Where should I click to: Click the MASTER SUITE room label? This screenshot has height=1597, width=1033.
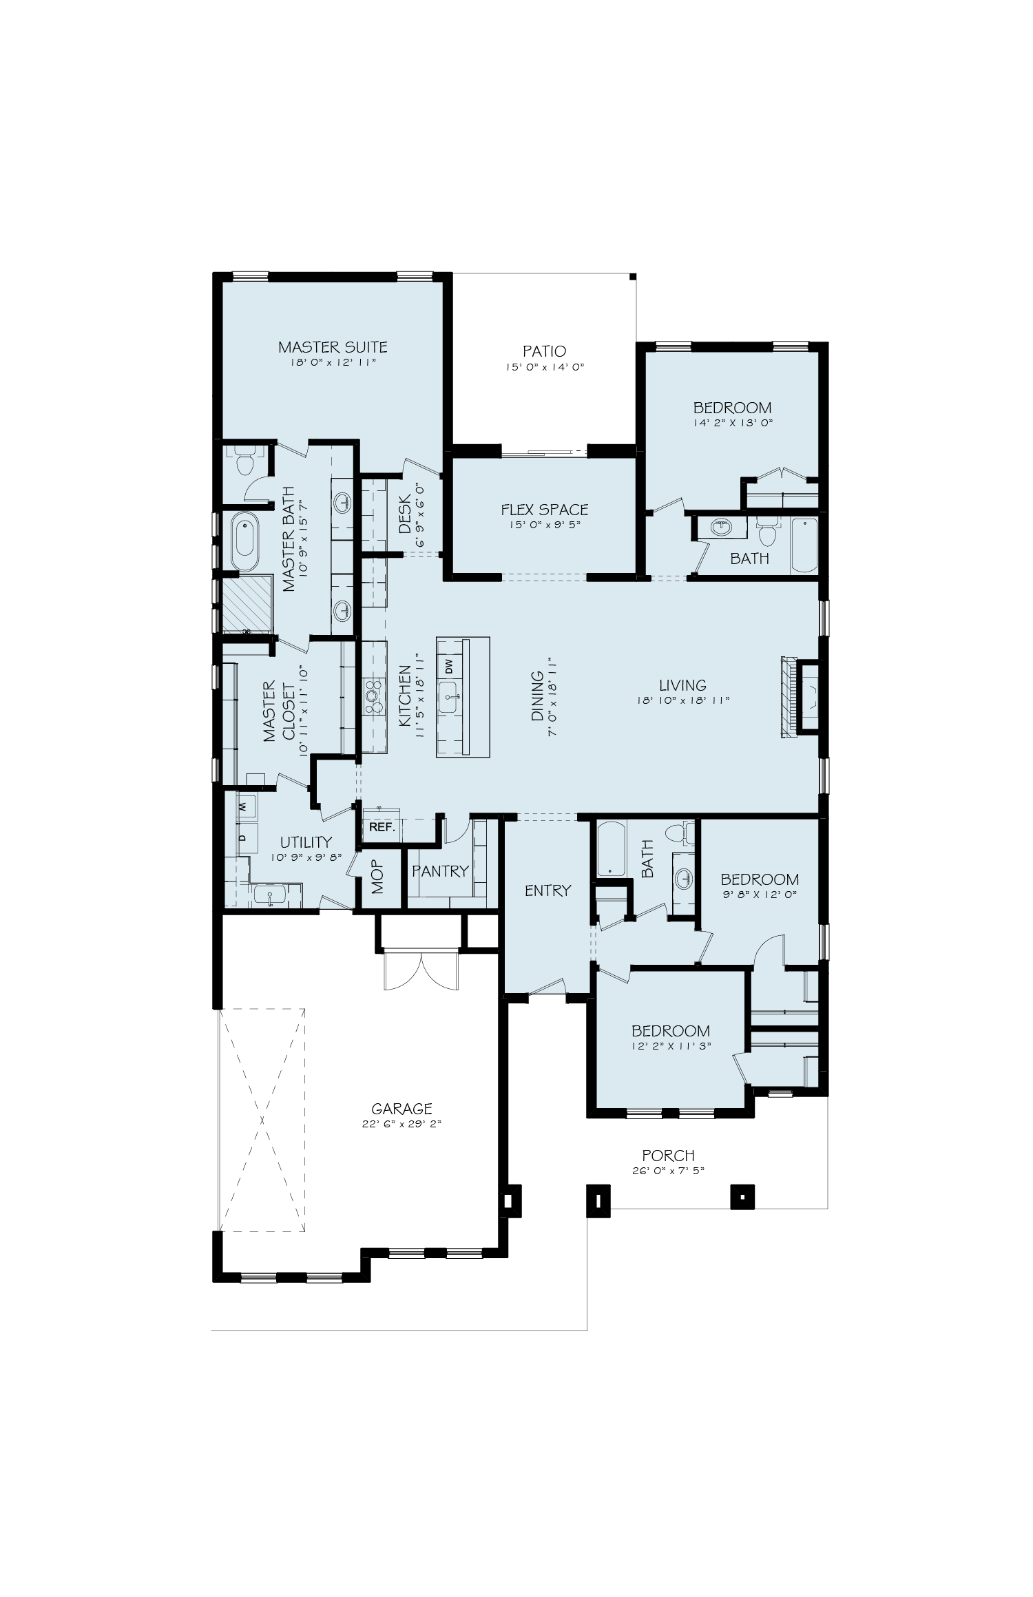(333, 347)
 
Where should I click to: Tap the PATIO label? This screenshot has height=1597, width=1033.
(544, 352)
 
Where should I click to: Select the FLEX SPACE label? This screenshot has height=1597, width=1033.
(544, 510)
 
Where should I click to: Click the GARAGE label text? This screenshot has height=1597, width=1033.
(401, 1128)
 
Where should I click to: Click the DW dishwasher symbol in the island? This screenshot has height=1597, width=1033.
(449, 667)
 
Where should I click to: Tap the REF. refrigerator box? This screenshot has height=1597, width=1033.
(382, 828)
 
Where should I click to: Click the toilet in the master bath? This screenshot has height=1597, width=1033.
(243, 461)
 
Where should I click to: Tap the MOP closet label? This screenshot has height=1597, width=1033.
(377, 877)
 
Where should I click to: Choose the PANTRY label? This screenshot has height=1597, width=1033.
(440, 871)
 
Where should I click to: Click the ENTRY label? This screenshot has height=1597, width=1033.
(547, 890)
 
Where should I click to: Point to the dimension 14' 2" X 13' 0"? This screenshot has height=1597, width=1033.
(733, 424)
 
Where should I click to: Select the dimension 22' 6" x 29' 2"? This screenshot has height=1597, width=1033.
(401, 1143)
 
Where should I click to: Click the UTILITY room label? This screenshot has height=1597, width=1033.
(306, 842)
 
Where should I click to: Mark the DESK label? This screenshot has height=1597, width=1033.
(404, 514)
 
